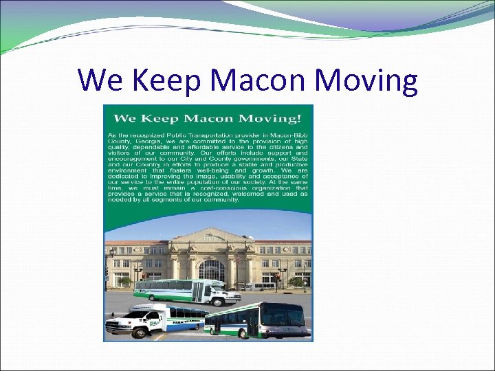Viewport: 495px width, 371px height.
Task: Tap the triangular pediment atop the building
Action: coord(210,238)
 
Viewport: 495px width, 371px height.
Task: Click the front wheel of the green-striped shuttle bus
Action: coord(219,300)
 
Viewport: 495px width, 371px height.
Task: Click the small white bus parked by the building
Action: coord(260,286)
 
